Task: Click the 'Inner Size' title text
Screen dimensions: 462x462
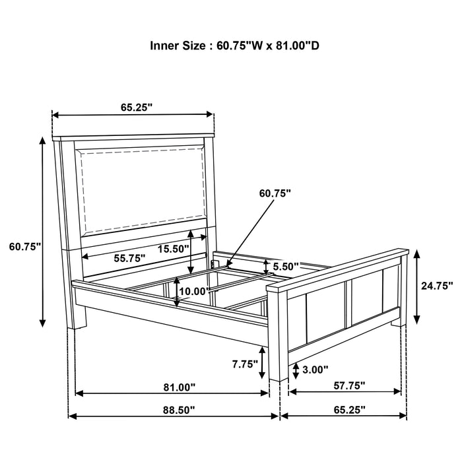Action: point(234,46)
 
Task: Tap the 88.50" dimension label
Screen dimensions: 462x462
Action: point(179,410)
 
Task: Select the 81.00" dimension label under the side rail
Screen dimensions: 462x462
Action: point(180,387)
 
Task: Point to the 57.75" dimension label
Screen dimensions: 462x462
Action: point(349,385)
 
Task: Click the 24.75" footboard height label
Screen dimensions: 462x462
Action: point(437,286)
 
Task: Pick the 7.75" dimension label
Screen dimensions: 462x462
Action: point(245,364)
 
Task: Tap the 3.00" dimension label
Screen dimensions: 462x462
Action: point(315,370)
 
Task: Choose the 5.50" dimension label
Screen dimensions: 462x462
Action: point(286,267)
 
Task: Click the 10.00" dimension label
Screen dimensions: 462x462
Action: point(194,292)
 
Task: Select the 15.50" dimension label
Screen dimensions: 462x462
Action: point(173,249)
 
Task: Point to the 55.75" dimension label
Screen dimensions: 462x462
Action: point(129,259)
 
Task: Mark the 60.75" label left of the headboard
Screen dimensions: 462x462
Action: point(25,247)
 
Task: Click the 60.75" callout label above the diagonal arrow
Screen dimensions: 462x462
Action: point(275,193)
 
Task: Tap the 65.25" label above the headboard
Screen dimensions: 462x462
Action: point(137,108)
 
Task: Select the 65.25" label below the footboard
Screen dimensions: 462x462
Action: point(349,410)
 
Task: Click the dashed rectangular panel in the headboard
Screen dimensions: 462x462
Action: point(143,189)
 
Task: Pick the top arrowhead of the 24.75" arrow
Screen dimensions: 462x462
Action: point(416,253)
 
